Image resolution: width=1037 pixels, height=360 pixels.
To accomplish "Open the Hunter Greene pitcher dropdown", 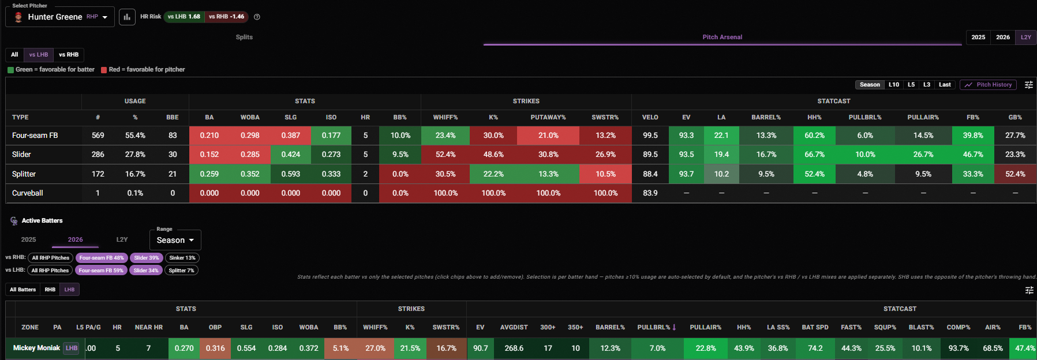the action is (60, 17).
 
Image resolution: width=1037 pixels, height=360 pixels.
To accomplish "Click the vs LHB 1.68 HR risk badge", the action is (184, 17).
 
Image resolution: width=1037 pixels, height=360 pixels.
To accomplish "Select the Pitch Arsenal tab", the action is (722, 37).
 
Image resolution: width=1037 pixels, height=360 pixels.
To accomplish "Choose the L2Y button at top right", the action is (1025, 37).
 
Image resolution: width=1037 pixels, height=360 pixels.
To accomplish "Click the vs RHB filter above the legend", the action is (69, 55).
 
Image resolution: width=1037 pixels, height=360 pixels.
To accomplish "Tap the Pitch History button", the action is (988, 85).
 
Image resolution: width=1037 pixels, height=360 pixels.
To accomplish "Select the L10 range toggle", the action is (893, 85).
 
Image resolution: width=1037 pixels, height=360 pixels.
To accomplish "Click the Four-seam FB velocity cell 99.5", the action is (650, 136).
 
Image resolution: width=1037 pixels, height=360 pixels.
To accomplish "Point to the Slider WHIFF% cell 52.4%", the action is (446, 155).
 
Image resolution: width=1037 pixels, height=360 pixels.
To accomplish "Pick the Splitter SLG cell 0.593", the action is (291, 174).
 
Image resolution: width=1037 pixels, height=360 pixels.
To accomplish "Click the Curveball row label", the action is (28, 193).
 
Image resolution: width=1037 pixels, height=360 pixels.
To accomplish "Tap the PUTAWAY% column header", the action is (548, 117).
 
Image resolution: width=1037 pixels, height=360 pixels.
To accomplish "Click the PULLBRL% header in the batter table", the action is (657, 327).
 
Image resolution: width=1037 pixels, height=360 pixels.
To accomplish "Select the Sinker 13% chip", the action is (182, 258).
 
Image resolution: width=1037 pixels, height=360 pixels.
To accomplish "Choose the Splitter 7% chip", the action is (181, 271).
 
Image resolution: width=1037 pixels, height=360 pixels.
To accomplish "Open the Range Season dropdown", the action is (175, 240).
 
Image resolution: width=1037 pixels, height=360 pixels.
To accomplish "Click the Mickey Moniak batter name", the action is (36, 348).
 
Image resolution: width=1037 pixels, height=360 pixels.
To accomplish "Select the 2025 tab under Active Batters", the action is (28, 239).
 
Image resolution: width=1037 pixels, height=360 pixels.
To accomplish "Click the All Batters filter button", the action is (23, 290).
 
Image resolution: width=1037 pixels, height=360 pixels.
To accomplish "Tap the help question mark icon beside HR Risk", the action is (257, 17).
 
